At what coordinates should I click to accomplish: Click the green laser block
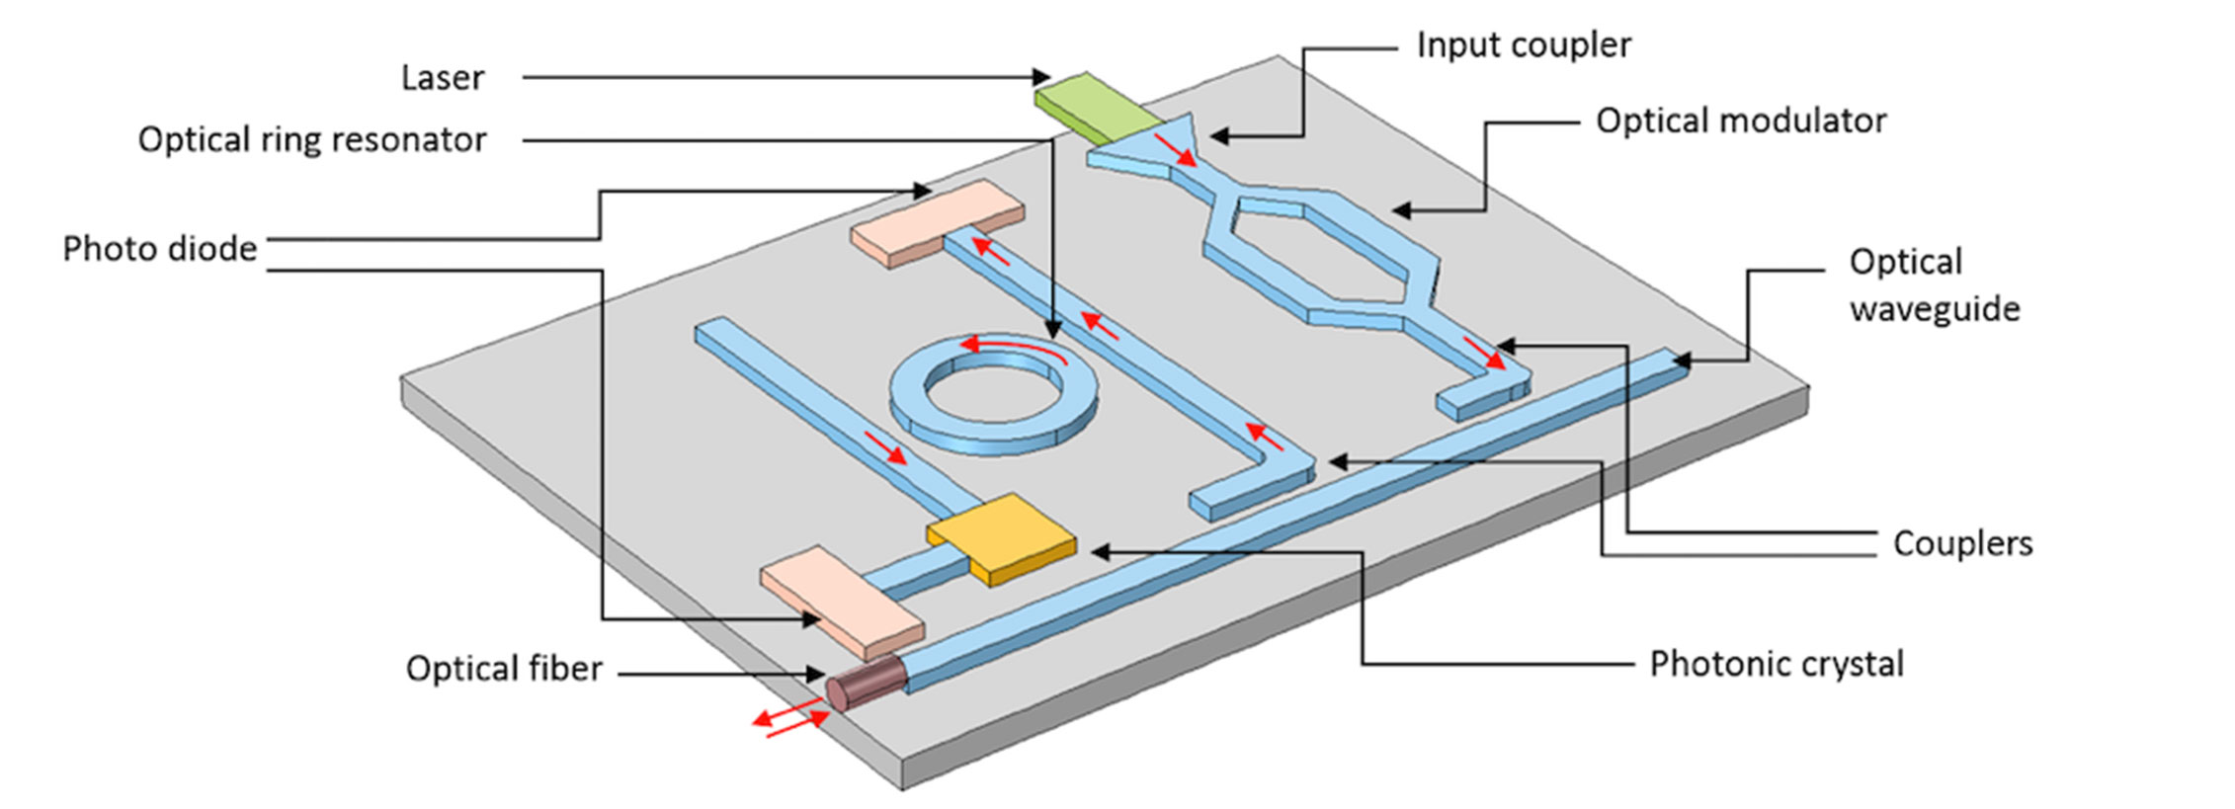pos(1097,106)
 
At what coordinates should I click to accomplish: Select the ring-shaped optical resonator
pos(993,395)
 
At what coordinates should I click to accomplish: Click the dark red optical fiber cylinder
pos(867,684)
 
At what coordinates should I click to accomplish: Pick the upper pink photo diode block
pos(937,222)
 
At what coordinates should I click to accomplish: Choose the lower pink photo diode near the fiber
pos(842,603)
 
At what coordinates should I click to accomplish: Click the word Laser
pos(442,78)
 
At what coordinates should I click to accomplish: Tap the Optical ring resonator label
pos(311,140)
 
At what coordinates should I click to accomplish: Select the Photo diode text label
pos(159,249)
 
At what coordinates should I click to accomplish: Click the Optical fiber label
pos(503,670)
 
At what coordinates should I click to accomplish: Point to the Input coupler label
pos(1523,45)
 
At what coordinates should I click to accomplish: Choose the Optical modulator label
pos(1740,121)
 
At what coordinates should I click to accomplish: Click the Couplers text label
pos(1961,544)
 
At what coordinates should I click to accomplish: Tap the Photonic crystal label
pos(1776,665)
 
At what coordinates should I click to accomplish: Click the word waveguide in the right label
pos(1934,309)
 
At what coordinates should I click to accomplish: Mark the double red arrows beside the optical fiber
pos(790,719)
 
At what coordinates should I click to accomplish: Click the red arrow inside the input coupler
pos(1176,151)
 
